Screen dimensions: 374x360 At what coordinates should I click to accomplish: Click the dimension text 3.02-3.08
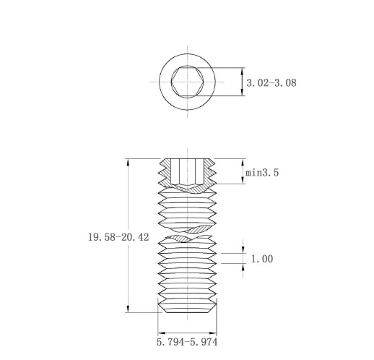tap(271, 82)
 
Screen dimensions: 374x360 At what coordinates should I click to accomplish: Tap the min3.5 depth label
tap(262, 173)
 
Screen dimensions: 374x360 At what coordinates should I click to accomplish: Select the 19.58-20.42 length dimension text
tap(118, 237)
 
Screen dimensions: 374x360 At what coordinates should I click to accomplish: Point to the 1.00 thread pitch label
tap(262, 259)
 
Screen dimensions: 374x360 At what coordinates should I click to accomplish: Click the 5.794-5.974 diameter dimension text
tap(187, 342)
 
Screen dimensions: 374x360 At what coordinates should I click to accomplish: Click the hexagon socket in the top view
tap(187, 82)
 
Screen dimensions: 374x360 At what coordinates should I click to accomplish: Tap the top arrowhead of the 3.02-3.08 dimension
tap(243, 72)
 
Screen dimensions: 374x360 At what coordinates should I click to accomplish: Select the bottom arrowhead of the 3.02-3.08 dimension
tap(243, 92)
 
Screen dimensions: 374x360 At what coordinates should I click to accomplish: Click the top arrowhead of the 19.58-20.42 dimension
tap(129, 163)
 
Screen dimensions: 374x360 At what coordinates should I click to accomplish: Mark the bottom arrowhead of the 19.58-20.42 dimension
tap(129, 309)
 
